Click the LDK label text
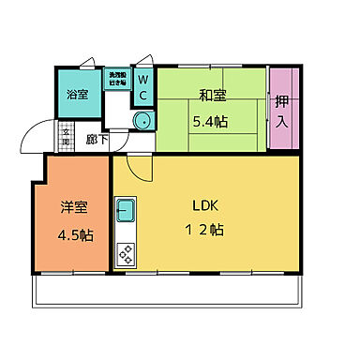pyautogui.click(x=206, y=206)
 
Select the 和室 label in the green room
pyautogui.click(x=211, y=94)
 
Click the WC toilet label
pyautogui.click(x=143, y=89)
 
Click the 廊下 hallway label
pyautogui.click(x=95, y=140)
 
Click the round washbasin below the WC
pyautogui.click(x=142, y=120)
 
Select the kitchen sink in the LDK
pyautogui.click(x=125, y=210)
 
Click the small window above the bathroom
pyautogui.click(x=87, y=63)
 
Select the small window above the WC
pyautogui.click(x=143, y=63)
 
